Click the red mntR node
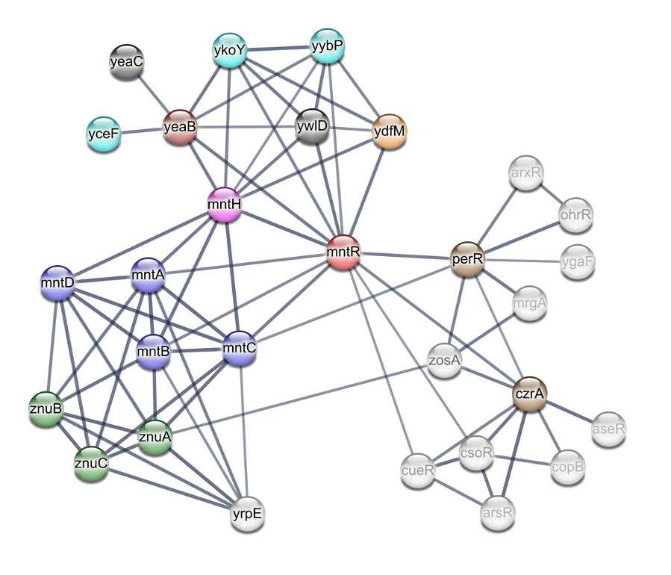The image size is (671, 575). pos(343,253)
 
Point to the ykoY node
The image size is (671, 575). pos(229,51)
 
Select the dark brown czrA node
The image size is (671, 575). pos(529,394)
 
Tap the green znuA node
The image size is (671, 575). pos(155,437)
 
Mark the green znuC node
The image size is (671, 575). pos(91,464)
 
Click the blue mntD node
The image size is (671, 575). pos(57,285)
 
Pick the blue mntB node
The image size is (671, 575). pos(153,350)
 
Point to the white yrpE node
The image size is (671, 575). pos(247,515)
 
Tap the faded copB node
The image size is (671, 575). pos(567,467)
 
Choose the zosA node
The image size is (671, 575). pos(444,360)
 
